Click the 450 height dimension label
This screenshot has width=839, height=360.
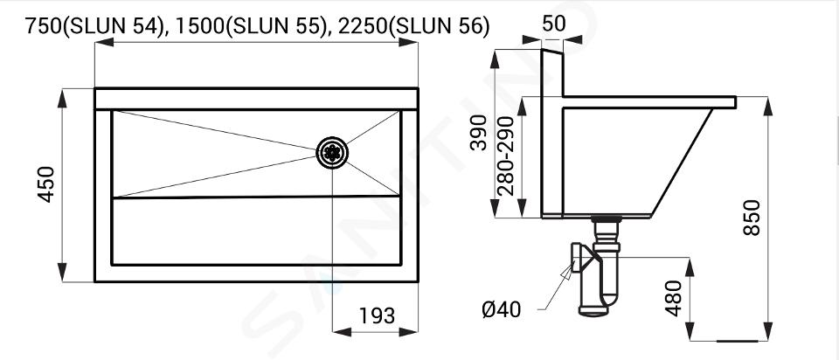(x=47, y=184)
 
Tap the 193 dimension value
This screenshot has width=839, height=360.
(x=377, y=315)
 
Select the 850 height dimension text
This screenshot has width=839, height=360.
(x=752, y=218)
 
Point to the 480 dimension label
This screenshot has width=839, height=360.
(x=674, y=298)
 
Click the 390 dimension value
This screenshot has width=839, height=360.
(x=479, y=132)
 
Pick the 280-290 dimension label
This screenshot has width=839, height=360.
(x=506, y=156)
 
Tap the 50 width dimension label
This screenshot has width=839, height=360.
(x=553, y=24)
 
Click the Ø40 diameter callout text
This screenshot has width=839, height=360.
(x=502, y=309)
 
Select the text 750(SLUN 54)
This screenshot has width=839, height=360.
(x=94, y=26)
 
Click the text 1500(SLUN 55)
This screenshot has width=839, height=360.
(x=251, y=26)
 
